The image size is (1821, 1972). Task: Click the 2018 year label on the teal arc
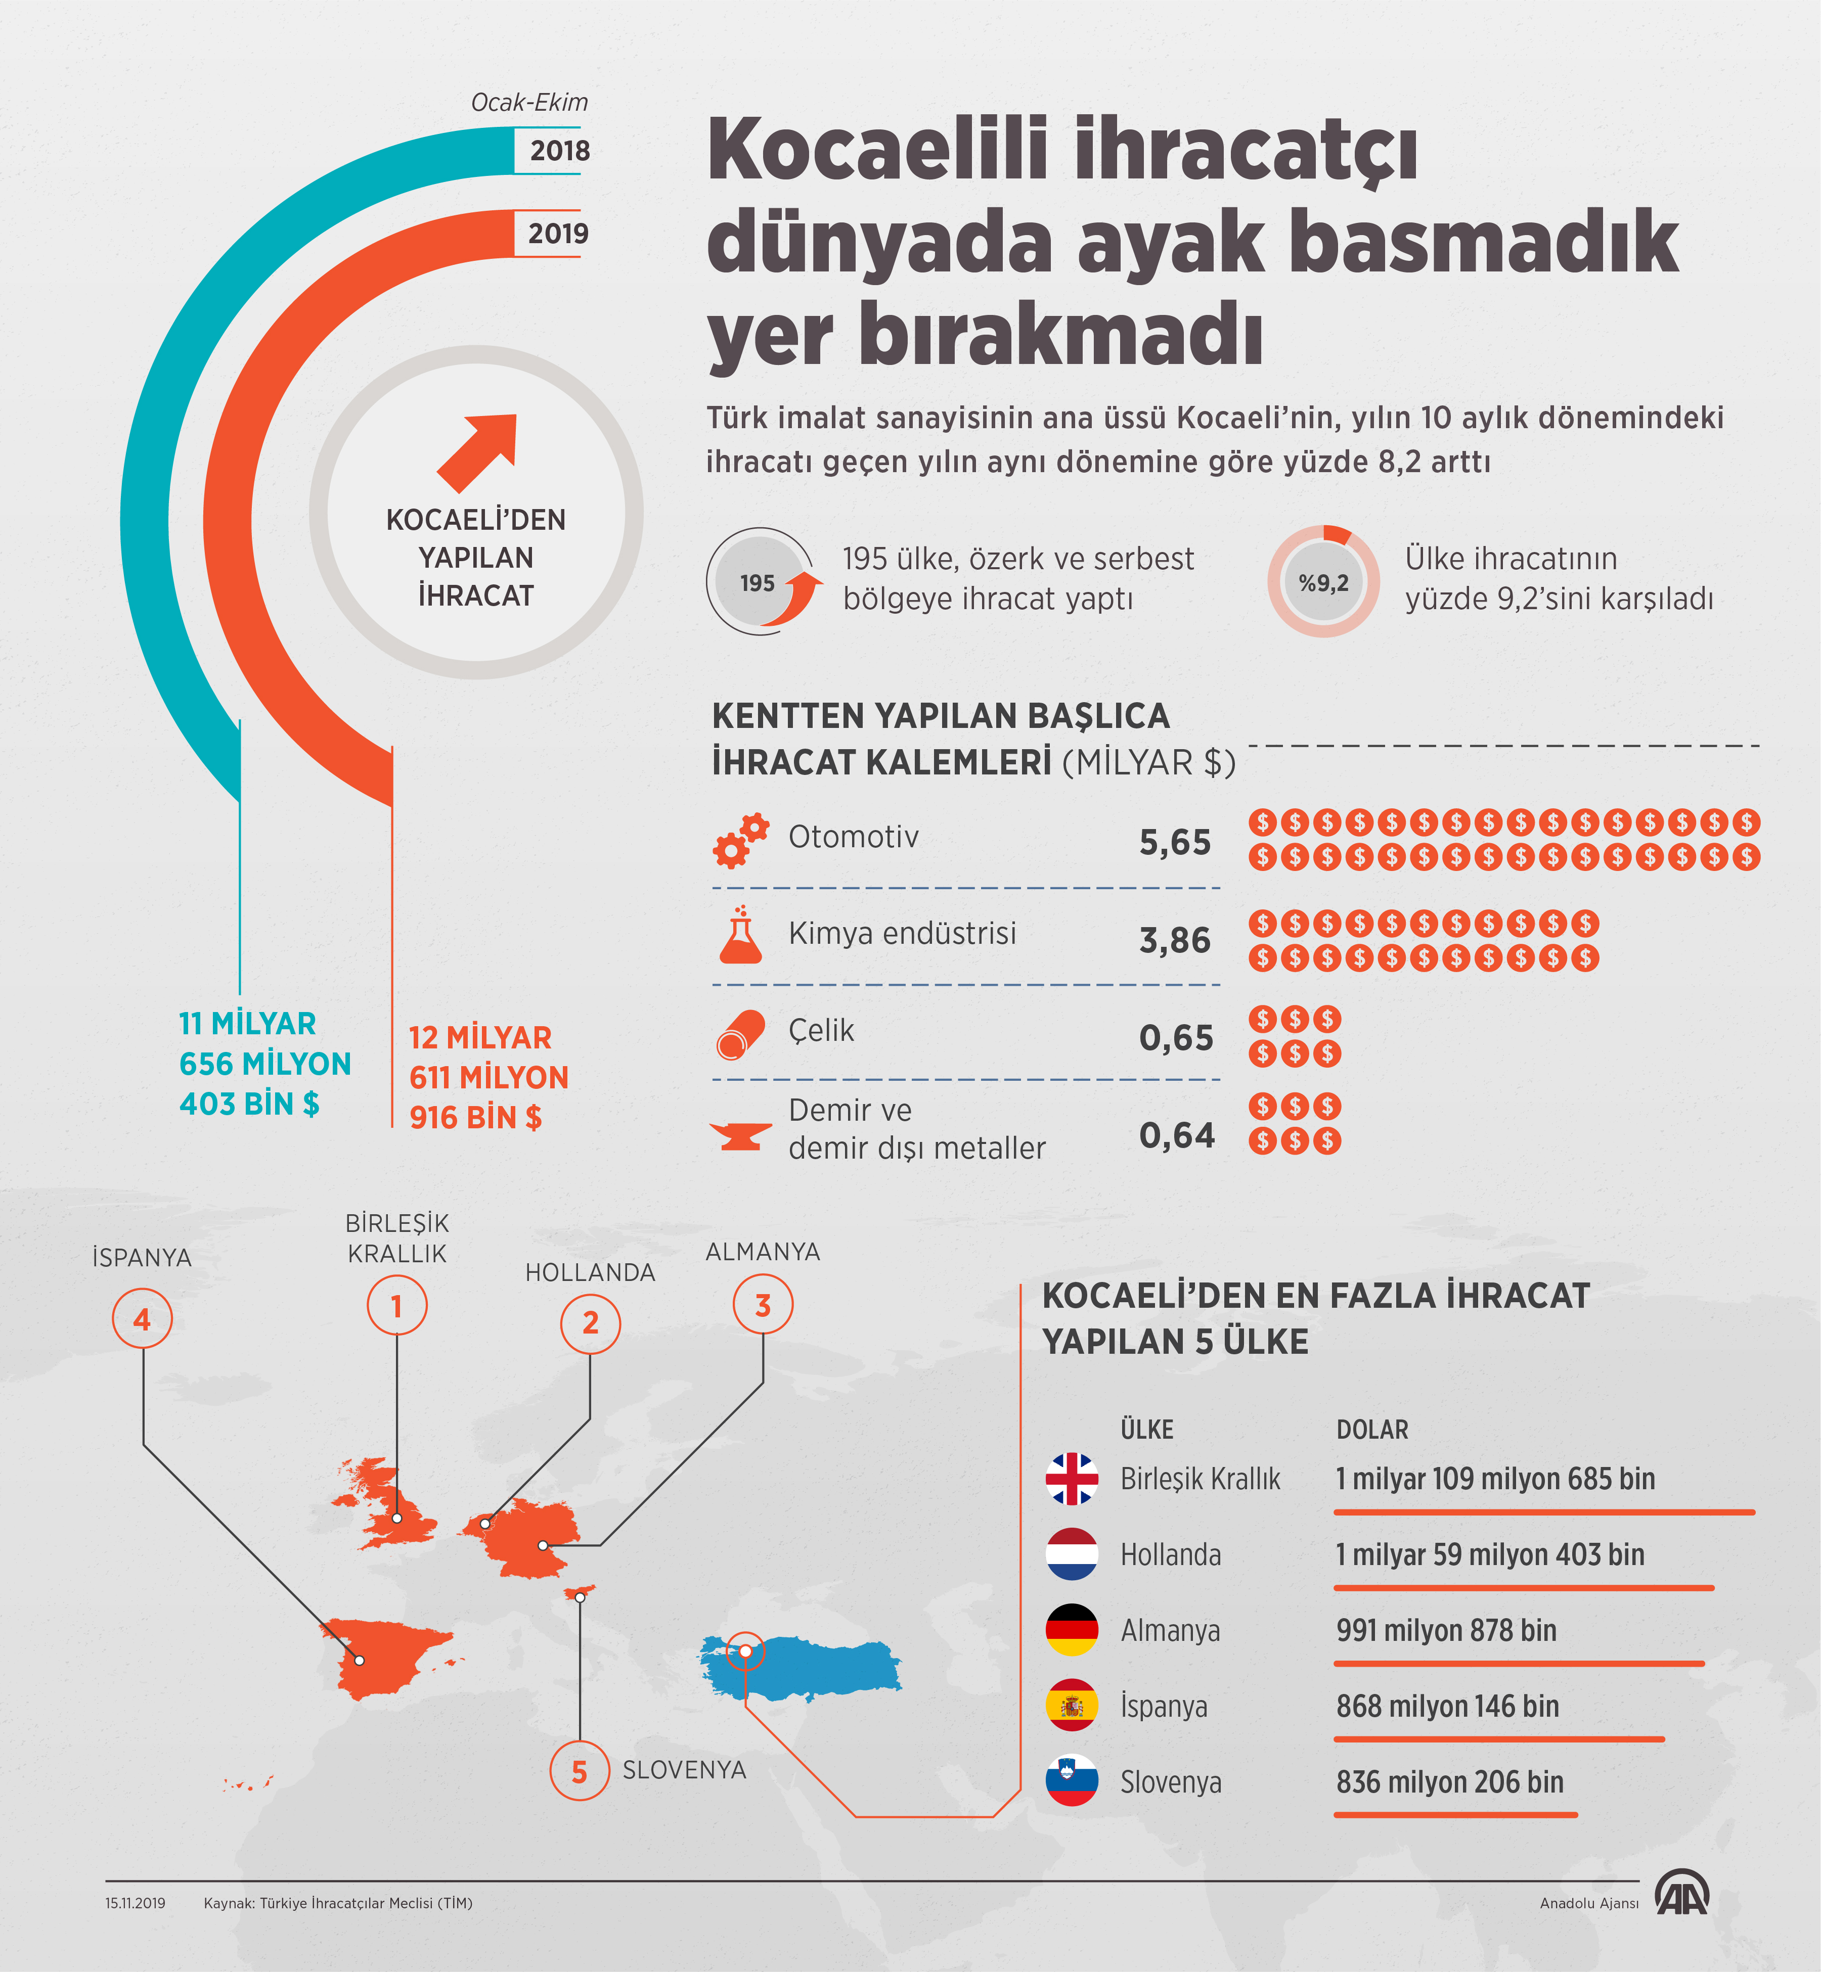[559, 151]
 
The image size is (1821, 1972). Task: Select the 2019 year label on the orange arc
[558, 234]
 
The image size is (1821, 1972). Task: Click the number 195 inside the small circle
[757, 583]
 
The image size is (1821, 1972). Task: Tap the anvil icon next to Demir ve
[740, 1135]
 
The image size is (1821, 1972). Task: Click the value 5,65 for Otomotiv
[1175, 842]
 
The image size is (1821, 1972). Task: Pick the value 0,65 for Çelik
[1176, 1037]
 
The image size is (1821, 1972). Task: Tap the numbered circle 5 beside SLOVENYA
[580, 1771]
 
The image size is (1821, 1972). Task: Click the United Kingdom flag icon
[1071, 1479]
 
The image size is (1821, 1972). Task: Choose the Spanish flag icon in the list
[1071, 1705]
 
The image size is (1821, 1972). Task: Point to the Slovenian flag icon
[1071, 1781]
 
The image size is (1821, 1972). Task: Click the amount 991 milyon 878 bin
[1446, 1630]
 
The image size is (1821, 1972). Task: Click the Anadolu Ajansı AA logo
[1681, 1892]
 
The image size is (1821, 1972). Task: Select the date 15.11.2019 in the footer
[135, 1903]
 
